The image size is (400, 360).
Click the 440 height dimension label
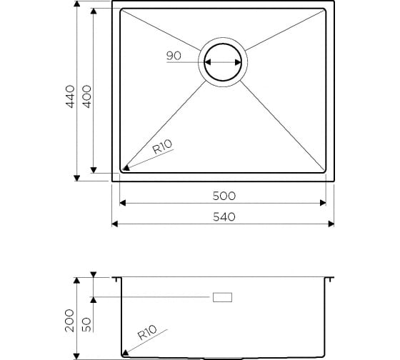pos(70,96)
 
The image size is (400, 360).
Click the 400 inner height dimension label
pos(86,96)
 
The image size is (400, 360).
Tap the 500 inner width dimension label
pos(224,196)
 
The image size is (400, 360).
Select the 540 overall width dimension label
pos(224,217)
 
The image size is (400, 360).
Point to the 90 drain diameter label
pos(174,56)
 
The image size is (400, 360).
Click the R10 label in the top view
pos(163,146)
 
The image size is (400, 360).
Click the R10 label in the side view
pos(147,332)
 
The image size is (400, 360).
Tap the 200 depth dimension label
pos(69,321)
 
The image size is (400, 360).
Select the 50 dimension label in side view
pos(86,324)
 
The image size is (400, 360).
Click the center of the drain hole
pos(223,62)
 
